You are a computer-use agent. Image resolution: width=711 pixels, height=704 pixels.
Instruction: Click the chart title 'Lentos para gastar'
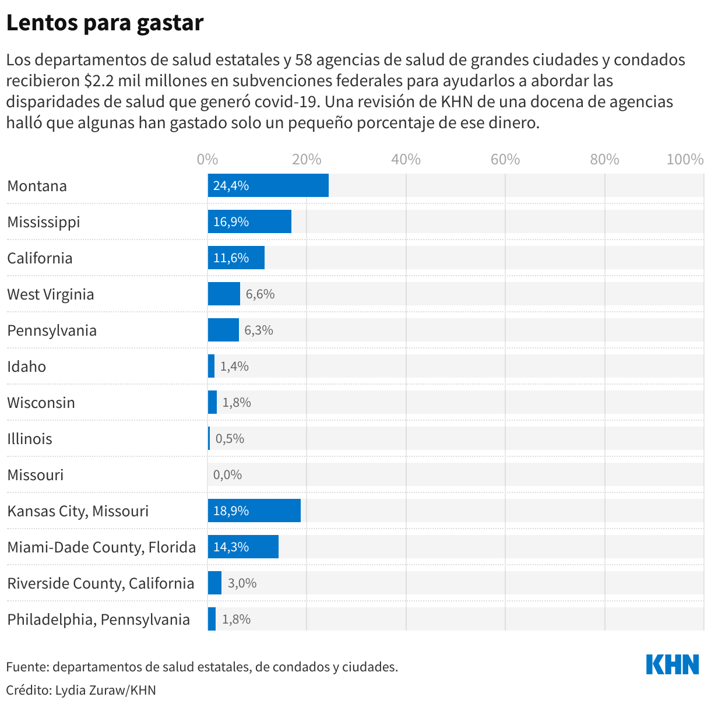[105, 23]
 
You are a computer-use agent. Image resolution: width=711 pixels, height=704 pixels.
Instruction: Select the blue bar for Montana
[268, 185]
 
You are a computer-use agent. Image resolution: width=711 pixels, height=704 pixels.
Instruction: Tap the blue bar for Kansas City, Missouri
[254, 511]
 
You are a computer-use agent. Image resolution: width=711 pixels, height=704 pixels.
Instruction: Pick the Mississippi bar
[249, 221]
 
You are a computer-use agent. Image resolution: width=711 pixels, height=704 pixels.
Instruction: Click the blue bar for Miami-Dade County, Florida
[243, 547]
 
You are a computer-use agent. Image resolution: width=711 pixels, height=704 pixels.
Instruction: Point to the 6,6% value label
[260, 294]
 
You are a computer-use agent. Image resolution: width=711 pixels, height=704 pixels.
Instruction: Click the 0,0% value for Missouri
[227, 475]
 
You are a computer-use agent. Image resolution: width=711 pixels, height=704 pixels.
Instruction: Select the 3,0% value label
[242, 583]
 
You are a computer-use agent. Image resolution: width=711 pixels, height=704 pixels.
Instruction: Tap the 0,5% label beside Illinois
[230, 439]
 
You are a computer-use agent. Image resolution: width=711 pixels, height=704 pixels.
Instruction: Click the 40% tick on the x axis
[406, 160]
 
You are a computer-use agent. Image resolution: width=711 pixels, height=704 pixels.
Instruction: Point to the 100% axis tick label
[685, 160]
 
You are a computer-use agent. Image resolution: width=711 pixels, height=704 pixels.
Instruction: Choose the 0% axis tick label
[207, 160]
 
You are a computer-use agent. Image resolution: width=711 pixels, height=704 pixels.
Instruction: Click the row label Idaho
[27, 367]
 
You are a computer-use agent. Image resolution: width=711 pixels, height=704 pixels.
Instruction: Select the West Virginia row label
[51, 294]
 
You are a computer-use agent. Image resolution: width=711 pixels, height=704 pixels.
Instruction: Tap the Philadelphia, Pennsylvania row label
[98, 619]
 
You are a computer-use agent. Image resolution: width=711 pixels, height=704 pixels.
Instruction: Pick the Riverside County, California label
[101, 583]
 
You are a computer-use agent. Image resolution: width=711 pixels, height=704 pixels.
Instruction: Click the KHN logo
[673, 665]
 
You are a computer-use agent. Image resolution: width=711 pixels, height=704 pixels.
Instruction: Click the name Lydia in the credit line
[71, 691]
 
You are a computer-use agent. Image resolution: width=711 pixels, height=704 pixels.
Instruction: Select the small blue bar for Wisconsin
[212, 402]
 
